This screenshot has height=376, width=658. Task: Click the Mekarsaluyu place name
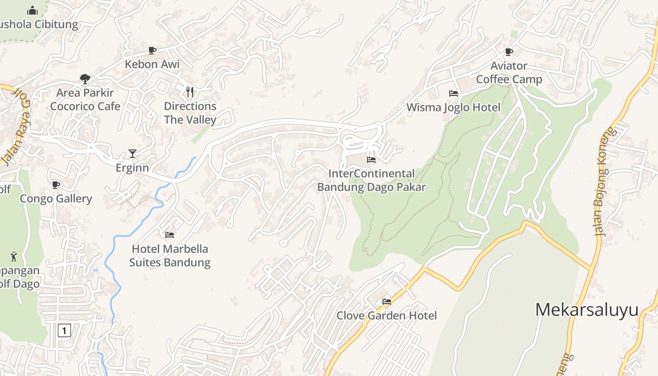tap(587, 310)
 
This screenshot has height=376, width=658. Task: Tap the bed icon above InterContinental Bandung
tap(371, 159)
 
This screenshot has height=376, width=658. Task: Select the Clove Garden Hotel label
tap(386, 315)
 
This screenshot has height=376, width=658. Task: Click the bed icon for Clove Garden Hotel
tap(387, 301)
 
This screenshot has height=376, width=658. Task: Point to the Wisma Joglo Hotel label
tap(453, 107)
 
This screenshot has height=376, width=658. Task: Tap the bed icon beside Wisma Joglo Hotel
tap(454, 94)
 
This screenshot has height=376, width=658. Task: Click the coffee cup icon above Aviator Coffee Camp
tap(509, 52)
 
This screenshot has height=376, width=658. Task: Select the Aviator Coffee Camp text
tap(509, 72)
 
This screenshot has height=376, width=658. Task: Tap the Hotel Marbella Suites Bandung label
tap(170, 255)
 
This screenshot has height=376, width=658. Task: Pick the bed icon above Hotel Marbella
tap(170, 235)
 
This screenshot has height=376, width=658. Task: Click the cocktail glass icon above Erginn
tap(133, 154)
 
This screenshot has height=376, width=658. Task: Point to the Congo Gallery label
tap(56, 198)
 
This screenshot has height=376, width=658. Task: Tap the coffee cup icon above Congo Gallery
tap(56, 185)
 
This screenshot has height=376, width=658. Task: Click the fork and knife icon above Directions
tap(190, 92)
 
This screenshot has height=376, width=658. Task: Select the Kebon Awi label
tap(152, 64)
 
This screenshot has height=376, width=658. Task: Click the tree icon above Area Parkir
tap(85, 78)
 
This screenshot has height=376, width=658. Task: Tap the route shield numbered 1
tap(64, 330)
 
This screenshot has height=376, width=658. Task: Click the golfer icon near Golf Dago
tap(14, 257)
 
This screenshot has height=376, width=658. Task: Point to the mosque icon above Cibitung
tap(32, 10)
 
